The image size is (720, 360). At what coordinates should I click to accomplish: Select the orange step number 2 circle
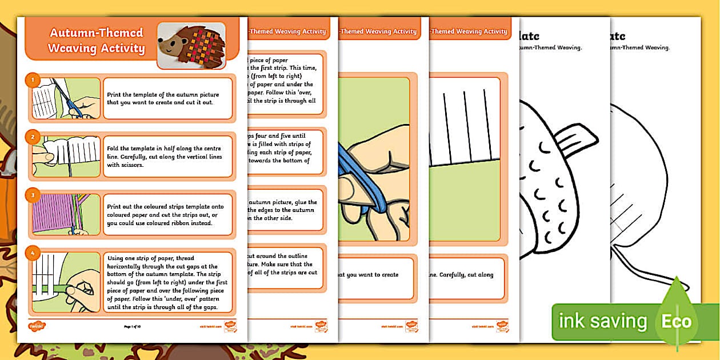pos(33,137)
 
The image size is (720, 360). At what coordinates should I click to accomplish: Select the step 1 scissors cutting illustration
pos(66,98)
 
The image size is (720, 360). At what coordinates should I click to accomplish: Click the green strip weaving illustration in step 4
pos(66,283)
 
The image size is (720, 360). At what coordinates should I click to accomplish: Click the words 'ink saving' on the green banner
pos(602,321)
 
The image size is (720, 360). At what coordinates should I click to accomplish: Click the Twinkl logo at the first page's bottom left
pos(37,326)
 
